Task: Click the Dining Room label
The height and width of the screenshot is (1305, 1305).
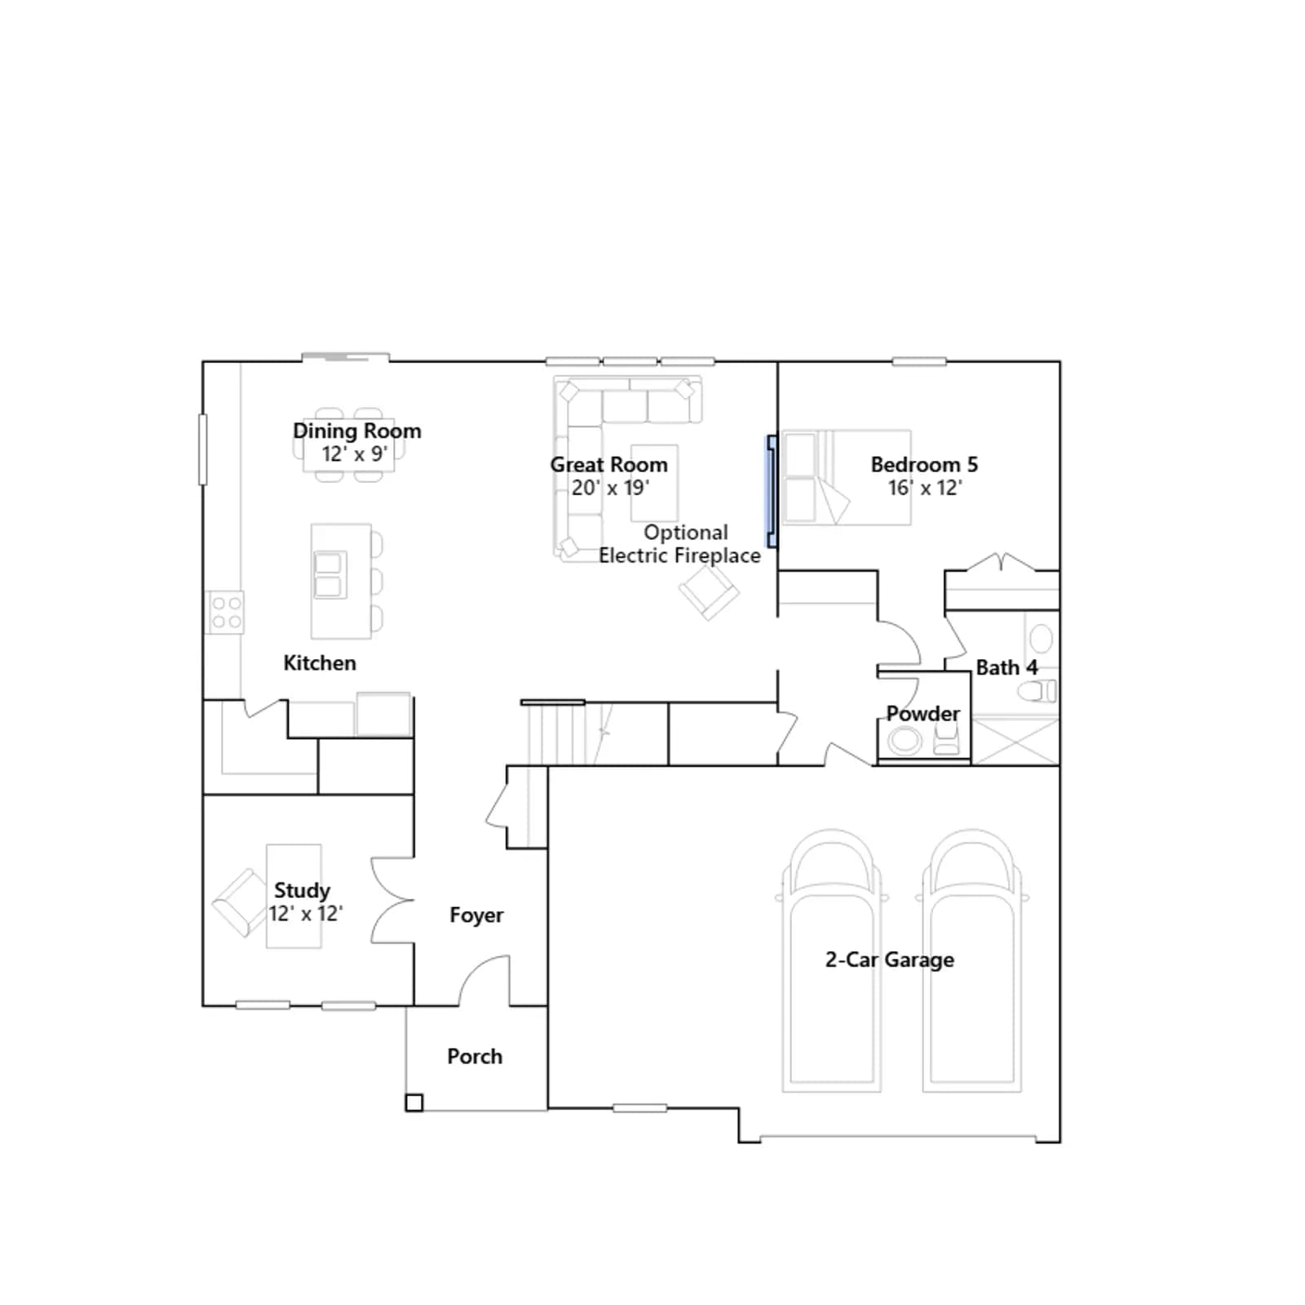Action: pos(357,431)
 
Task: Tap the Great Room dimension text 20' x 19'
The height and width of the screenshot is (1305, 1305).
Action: pos(610,488)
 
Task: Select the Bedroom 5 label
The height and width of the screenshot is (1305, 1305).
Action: pos(924,464)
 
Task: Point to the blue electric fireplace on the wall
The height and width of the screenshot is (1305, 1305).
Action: pos(771,491)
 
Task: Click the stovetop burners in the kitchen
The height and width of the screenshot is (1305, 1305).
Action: pos(225,613)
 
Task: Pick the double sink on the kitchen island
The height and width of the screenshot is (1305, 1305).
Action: pos(330,575)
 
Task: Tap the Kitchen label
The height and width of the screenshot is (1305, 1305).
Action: pos(320,663)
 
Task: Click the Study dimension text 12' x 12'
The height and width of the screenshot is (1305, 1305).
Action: pos(306,913)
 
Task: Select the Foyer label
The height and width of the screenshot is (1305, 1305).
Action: pos(476,915)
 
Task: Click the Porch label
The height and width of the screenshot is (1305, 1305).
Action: pos(475,1056)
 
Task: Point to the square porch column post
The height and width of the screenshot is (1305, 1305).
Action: pos(414,1103)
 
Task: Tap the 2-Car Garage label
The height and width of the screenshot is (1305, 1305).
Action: pos(890,960)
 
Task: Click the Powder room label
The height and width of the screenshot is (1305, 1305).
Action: pos(923,714)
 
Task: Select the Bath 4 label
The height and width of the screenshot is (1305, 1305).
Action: pos(1007,667)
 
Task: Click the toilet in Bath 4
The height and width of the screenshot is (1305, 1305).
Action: pos(1037,692)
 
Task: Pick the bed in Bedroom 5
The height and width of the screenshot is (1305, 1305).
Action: pos(846,477)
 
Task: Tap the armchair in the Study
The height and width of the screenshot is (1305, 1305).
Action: pos(239,903)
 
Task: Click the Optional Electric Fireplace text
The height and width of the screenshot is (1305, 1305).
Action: pos(680,544)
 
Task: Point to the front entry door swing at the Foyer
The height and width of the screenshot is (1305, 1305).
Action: pos(484,979)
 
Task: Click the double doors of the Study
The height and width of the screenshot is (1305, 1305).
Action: pos(391,900)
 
